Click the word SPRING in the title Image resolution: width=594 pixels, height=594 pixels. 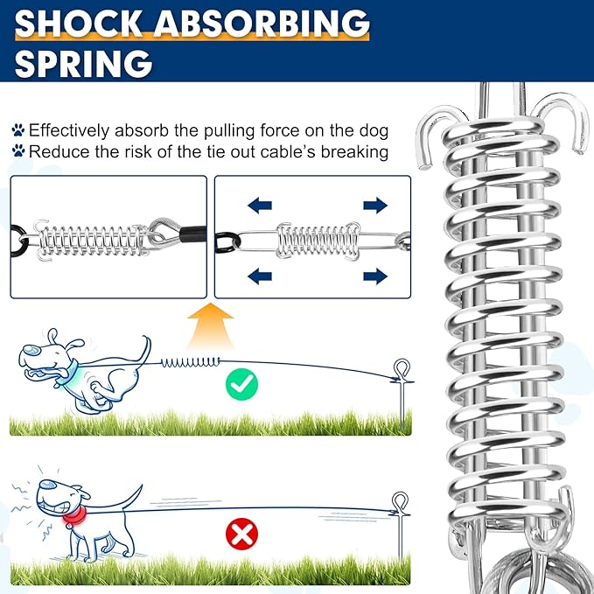pyautogui.click(x=84, y=63)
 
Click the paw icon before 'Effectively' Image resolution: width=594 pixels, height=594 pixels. pyautogui.click(x=17, y=130)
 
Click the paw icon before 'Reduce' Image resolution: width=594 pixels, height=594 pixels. pyautogui.click(x=17, y=151)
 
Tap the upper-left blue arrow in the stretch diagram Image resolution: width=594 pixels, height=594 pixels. pyautogui.click(x=260, y=206)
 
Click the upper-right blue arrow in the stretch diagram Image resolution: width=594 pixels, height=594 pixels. pyautogui.click(x=375, y=206)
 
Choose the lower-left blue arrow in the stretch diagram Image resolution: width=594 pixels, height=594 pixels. pyautogui.click(x=260, y=276)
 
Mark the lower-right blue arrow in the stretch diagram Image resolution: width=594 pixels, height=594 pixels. pyautogui.click(x=375, y=276)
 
